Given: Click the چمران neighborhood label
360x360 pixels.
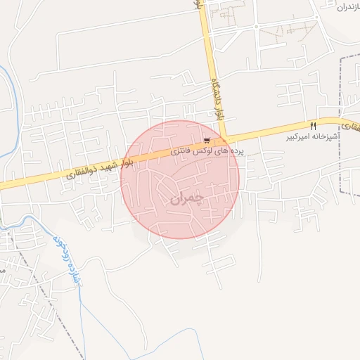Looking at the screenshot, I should click(186, 199).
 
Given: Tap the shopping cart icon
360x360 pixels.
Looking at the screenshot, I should click(205, 140).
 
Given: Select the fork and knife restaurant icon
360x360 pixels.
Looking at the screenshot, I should click(313, 127).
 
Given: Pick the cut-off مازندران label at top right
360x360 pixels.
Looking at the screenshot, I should click(348, 6).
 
